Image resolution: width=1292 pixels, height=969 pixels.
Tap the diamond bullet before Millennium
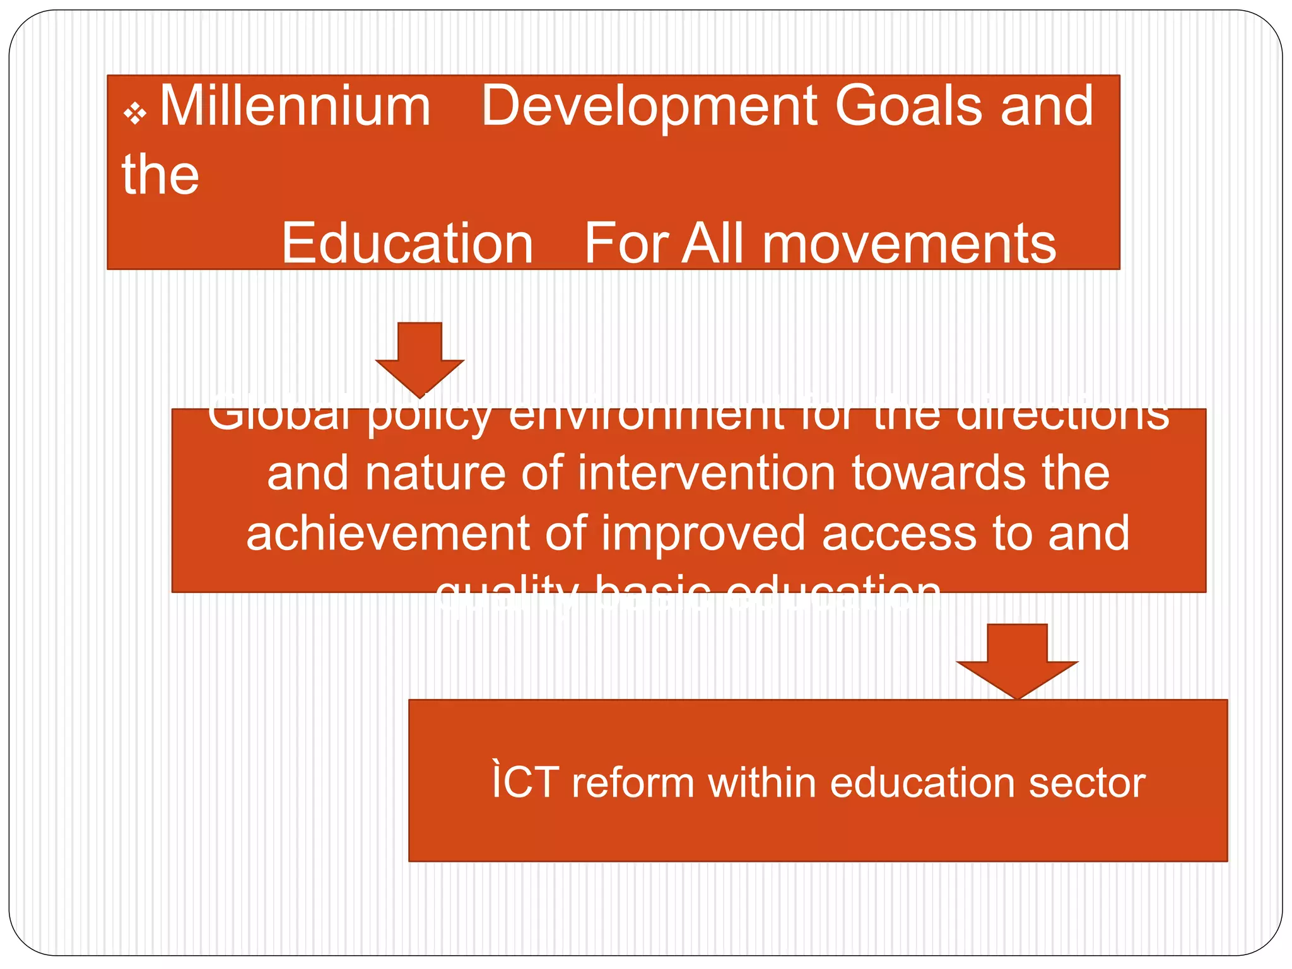134,114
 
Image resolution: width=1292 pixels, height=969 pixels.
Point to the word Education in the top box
407,244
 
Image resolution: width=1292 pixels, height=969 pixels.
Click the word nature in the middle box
435,474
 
